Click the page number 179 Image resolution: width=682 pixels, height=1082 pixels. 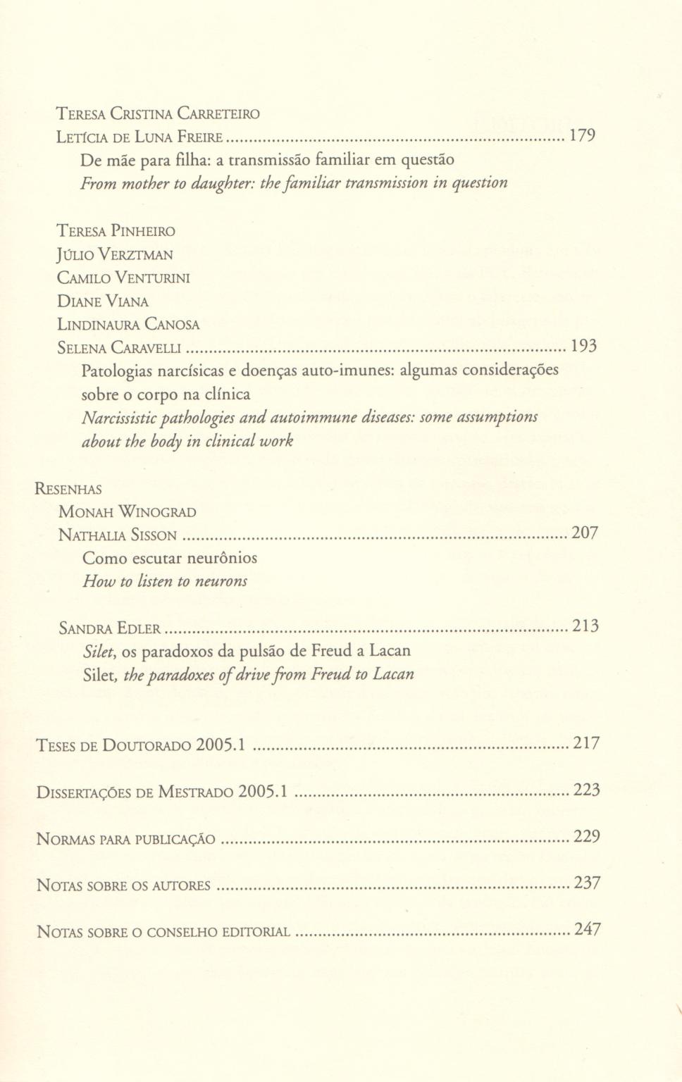point(582,136)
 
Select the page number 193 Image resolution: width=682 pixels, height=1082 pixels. point(583,346)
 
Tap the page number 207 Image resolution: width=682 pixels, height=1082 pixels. point(585,533)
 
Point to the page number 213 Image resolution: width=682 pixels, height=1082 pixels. point(585,626)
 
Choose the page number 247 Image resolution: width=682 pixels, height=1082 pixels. point(588,929)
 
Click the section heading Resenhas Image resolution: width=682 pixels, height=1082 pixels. point(68,489)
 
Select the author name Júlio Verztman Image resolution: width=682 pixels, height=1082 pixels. point(115,254)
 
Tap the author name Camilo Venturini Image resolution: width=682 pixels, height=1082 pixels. point(123,278)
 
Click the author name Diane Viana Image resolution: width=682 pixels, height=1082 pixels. point(103,301)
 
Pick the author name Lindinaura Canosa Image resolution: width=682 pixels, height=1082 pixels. point(128,325)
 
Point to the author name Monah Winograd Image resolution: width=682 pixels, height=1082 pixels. point(128,512)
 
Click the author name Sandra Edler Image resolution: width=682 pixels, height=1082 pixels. point(110,628)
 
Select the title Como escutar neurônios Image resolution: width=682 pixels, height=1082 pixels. point(170,558)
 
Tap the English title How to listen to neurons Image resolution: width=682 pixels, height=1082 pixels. point(165,581)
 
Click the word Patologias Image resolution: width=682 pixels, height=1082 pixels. point(118,370)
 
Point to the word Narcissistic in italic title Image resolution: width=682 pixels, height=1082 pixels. point(120,417)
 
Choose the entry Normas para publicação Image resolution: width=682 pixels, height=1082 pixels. point(125,839)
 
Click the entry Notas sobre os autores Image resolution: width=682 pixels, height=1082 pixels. point(123,885)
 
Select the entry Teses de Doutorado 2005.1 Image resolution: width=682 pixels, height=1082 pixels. point(140,745)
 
